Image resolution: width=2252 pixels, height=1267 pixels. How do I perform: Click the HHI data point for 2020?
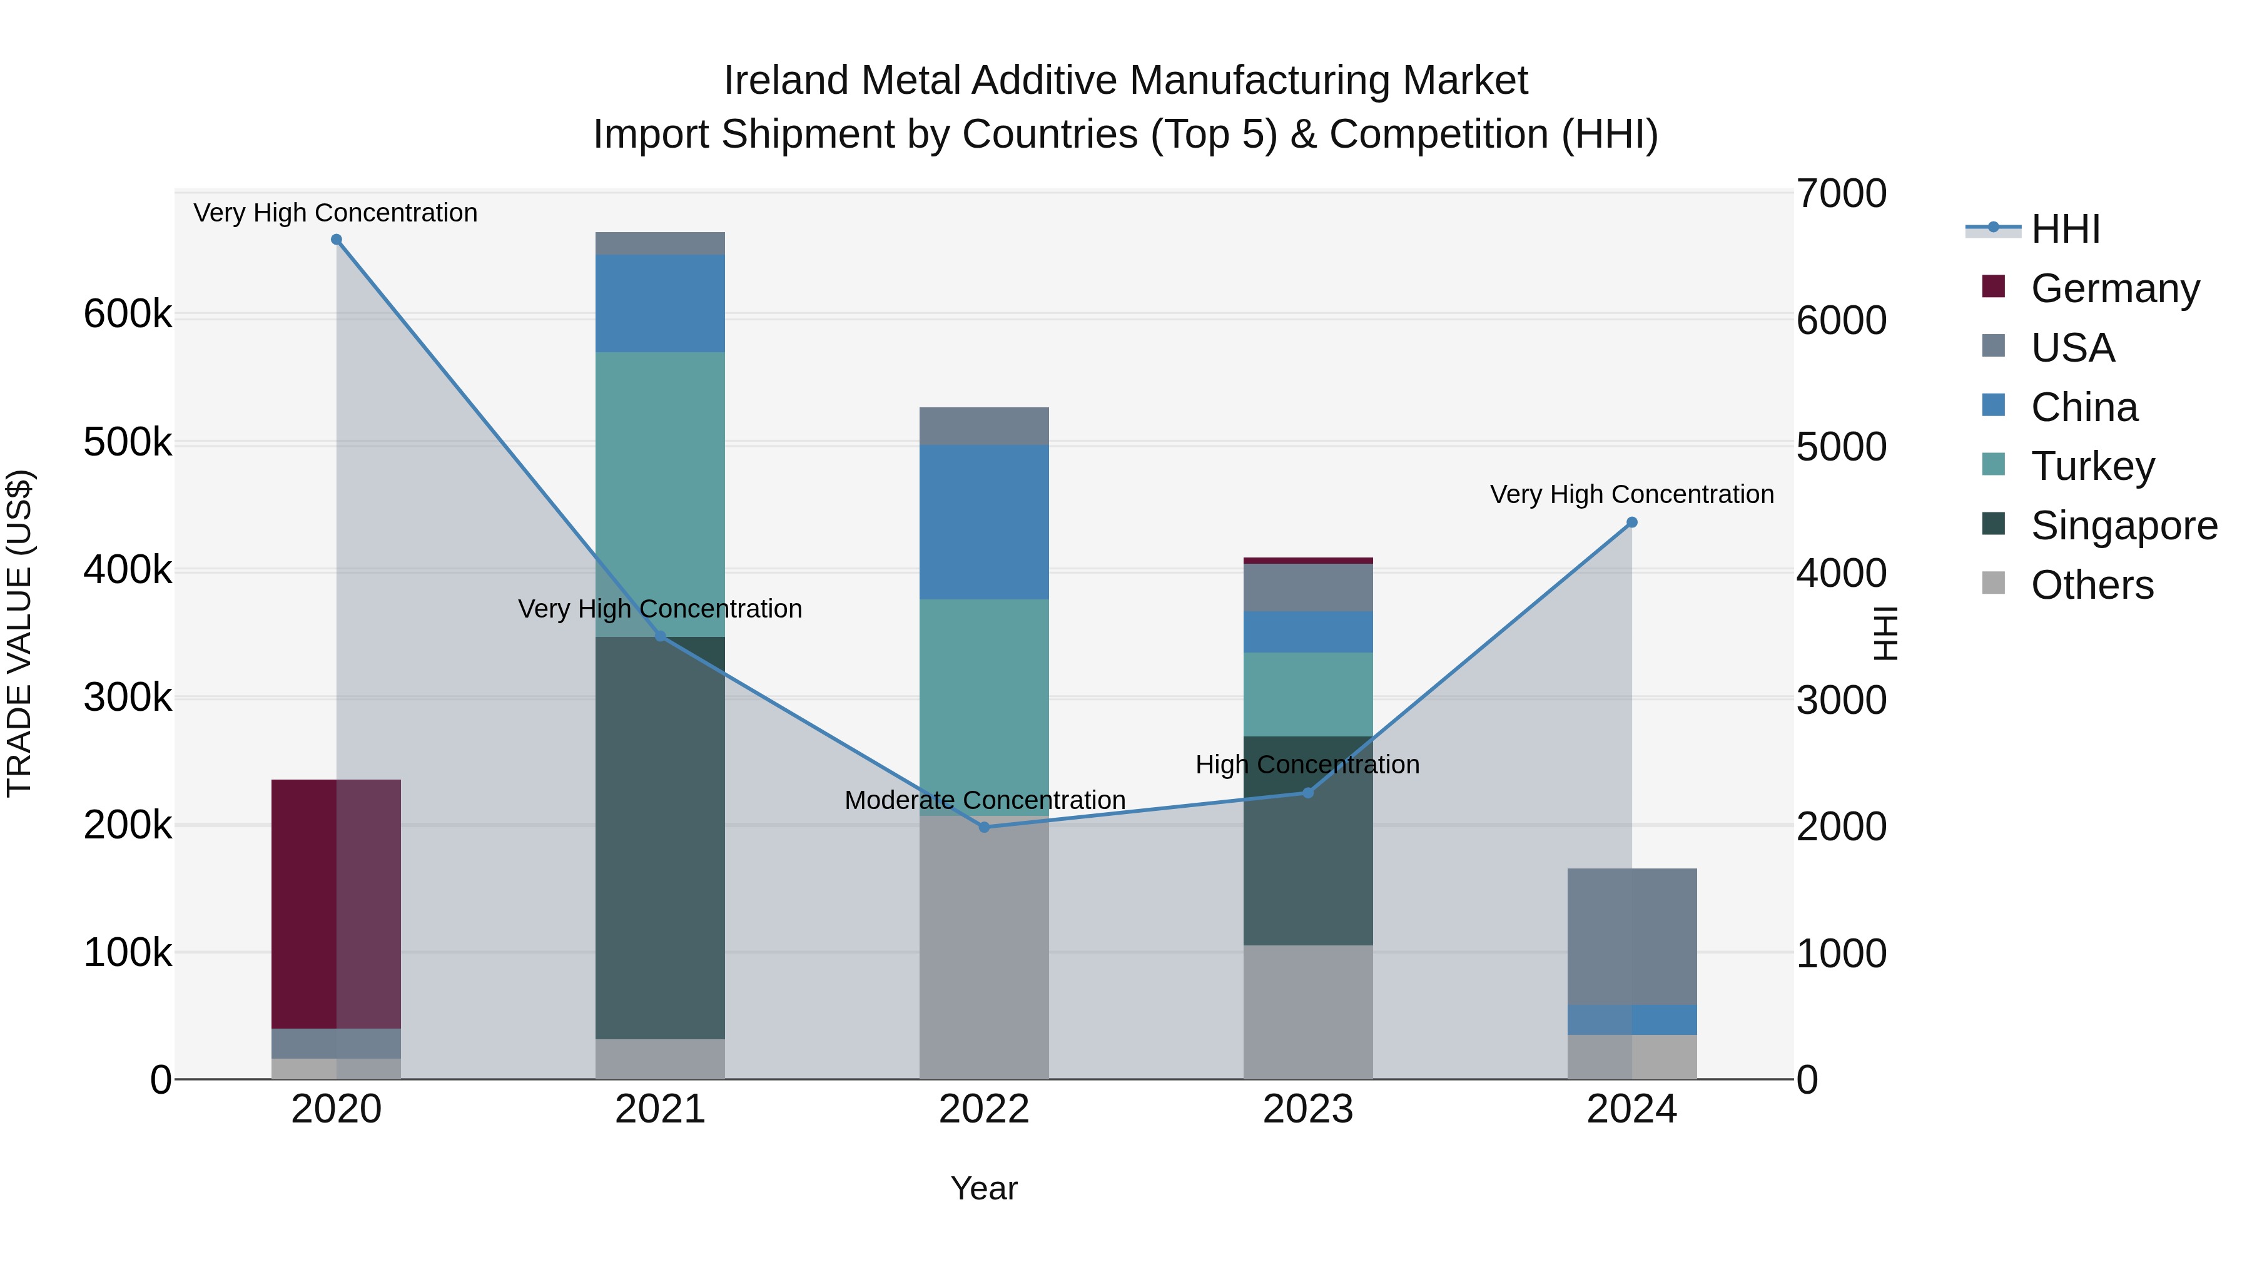337,240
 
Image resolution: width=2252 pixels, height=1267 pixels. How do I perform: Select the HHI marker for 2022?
985,827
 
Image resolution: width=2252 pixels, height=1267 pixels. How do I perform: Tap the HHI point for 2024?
1631,523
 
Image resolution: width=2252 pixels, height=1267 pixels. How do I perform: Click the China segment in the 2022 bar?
985,522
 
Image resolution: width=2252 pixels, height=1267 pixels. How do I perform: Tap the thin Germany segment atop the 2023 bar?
1308,561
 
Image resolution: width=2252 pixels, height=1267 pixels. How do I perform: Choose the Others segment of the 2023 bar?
1308,1012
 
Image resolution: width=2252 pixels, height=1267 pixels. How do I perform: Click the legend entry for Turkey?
2092,466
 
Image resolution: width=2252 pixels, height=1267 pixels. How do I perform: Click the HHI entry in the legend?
2065,229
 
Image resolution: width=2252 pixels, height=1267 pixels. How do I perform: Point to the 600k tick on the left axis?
128,314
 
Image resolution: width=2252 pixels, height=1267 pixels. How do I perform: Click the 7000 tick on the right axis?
1841,194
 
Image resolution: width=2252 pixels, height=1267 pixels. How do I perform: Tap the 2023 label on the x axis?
1308,1109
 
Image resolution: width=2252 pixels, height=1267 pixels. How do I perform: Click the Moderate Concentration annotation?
985,800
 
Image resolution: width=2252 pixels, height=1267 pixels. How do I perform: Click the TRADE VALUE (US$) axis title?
19,633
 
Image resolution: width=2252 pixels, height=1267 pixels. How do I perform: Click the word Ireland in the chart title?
786,81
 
